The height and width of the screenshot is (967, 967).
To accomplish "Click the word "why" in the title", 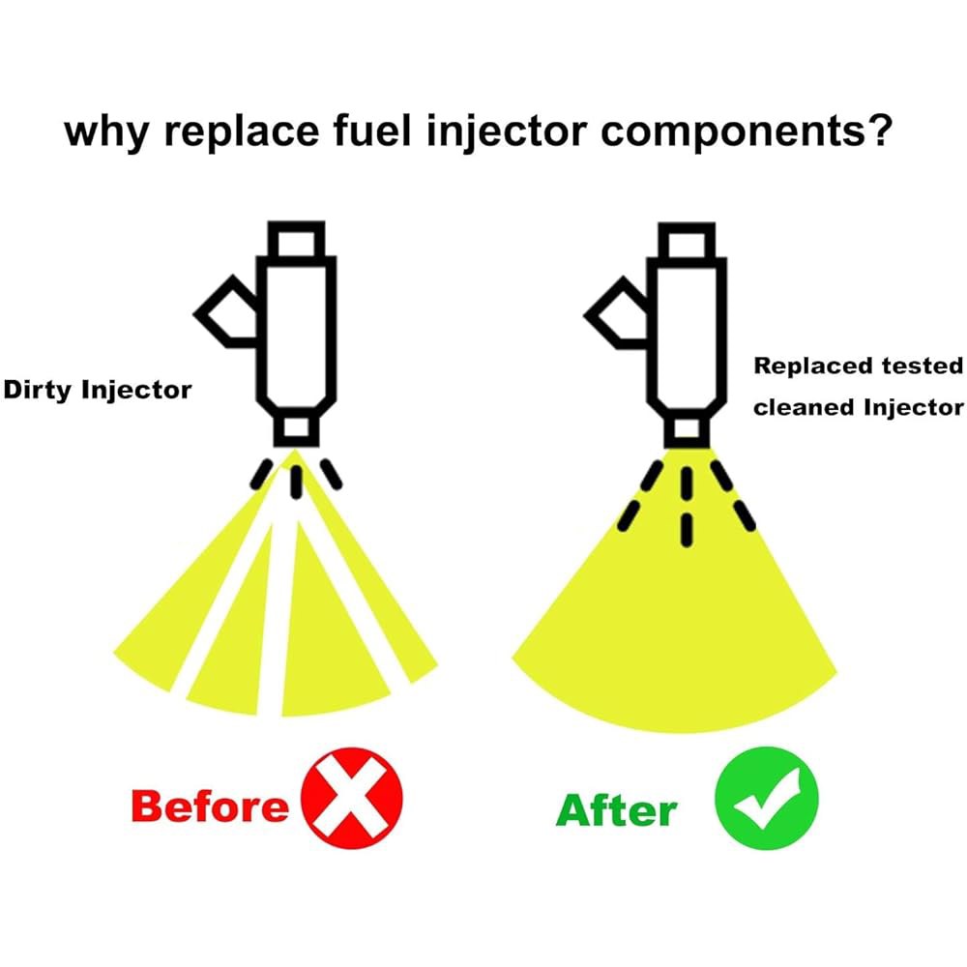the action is pos(106,132).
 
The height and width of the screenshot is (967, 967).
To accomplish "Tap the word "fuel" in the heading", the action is pos(372,130).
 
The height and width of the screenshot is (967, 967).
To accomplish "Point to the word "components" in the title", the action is pos(732,132).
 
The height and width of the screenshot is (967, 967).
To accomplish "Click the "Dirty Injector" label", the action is pos(98,391).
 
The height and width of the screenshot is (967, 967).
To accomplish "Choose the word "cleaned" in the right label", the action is pos(805,408).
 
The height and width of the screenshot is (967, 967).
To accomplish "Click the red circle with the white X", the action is pos(352,798).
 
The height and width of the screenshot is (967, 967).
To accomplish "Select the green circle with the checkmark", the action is pos(767,798).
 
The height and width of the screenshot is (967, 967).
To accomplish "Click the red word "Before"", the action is pos(210,806).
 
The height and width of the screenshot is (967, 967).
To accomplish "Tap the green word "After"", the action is pos(617,809).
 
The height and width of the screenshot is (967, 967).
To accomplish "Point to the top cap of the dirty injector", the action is pos(296,239).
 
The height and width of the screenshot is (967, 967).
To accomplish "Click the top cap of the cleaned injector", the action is pos(687,241).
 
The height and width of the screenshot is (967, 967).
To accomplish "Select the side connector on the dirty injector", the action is pos(225,311).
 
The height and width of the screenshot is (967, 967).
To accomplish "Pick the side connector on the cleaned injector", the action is pos(615,312).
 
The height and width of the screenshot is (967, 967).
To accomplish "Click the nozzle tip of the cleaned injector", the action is pos(687,429).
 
